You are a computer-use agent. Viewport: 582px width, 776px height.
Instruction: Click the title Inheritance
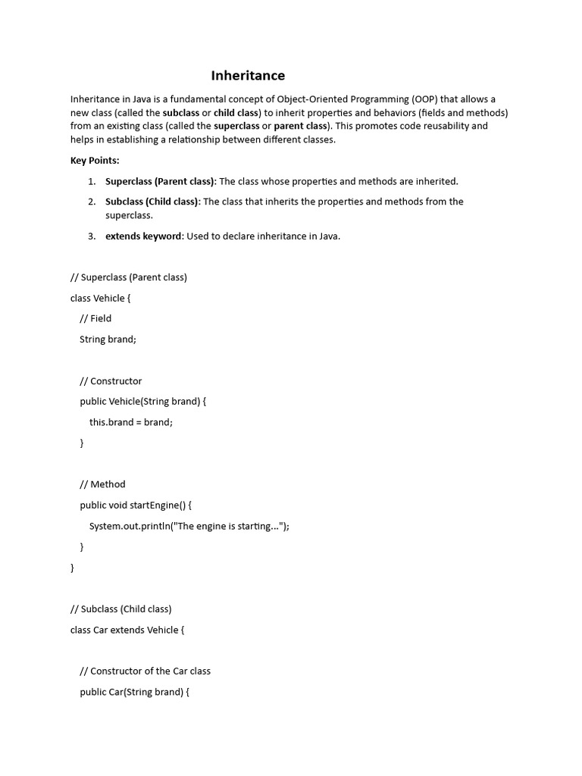coord(248,75)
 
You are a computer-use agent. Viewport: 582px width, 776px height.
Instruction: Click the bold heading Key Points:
coord(95,161)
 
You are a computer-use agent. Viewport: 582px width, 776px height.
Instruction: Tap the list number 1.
coord(91,181)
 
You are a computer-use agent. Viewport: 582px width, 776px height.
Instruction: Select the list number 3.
coord(91,236)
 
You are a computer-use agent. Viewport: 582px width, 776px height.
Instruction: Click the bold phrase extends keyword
coord(143,236)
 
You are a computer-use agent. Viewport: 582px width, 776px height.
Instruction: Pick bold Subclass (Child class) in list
coord(152,202)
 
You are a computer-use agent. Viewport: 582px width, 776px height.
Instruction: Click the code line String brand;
coord(108,339)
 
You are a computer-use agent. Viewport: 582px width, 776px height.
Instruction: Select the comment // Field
coord(95,318)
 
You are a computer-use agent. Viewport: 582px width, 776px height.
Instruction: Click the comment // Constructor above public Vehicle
coord(111,380)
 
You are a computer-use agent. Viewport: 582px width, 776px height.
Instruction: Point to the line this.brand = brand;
coord(131,422)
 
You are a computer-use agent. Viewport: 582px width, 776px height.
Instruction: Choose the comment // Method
coord(102,484)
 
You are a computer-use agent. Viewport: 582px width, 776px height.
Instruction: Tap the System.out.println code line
coord(189,526)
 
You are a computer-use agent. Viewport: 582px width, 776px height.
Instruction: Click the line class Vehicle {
coord(101,298)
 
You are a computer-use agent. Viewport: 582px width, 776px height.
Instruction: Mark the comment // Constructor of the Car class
coord(145,671)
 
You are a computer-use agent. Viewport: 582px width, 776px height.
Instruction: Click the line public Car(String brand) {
coord(134,692)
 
